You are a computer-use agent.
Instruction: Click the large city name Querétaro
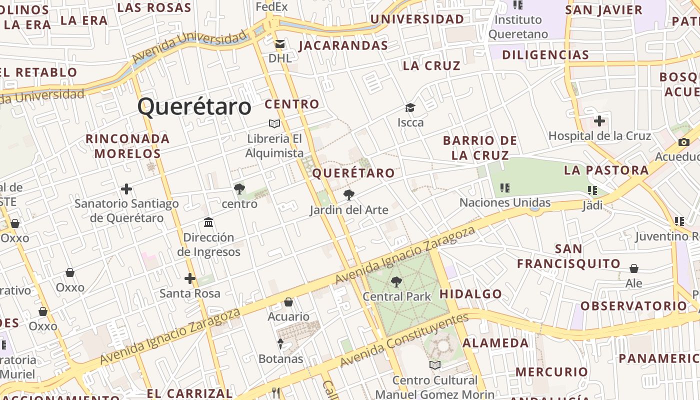[194, 107]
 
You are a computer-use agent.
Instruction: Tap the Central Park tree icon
[396, 282]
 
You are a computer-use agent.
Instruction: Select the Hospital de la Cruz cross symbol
[599, 121]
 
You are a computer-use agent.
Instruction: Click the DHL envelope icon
[279, 44]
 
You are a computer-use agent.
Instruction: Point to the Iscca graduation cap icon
[410, 108]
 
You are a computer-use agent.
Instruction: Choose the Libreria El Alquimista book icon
[274, 123]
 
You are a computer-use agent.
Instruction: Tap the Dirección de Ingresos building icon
[208, 222]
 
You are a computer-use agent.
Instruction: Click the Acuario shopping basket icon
[288, 302]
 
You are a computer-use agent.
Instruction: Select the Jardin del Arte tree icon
[349, 195]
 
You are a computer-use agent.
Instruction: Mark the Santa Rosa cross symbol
[189, 278]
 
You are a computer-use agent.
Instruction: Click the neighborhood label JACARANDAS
[343, 46]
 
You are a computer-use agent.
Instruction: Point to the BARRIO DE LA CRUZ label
[480, 147]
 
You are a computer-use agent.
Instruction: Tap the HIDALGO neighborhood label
[470, 294]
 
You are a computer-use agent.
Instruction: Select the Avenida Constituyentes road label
[405, 340]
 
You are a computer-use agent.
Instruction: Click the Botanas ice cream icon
[280, 344]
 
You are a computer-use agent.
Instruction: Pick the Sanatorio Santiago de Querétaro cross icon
[126, 189]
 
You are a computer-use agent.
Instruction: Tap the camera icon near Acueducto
[683, 142]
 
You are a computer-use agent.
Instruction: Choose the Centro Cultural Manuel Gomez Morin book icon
[434, 365]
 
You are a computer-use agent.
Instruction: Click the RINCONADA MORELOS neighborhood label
[127, 146]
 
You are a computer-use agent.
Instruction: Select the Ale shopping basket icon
[634, 269]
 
